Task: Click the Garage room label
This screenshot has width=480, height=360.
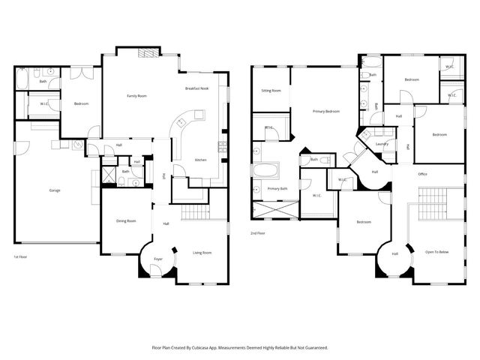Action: pos(55,190)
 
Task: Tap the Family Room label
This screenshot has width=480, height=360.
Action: pos(136,96)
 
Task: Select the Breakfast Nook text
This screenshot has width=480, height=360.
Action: pos(196,88)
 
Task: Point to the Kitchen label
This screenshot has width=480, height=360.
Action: pos(201,160)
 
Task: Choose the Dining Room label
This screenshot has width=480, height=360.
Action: pos(126,220)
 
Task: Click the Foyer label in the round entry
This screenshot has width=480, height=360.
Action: pos(158,259)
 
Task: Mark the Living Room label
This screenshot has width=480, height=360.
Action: pos(202,253)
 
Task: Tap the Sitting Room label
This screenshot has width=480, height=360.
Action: pos(271,90)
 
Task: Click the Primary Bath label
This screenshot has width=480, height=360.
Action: pos(278,188)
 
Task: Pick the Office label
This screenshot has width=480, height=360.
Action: pos(422,174)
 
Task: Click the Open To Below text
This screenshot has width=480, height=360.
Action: pos(436,251)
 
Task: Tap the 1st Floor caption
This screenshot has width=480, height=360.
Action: pos(21,257)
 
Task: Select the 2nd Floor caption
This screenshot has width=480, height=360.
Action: pos(258,233)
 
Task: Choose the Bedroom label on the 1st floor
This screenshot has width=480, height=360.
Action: pos(81,103)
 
